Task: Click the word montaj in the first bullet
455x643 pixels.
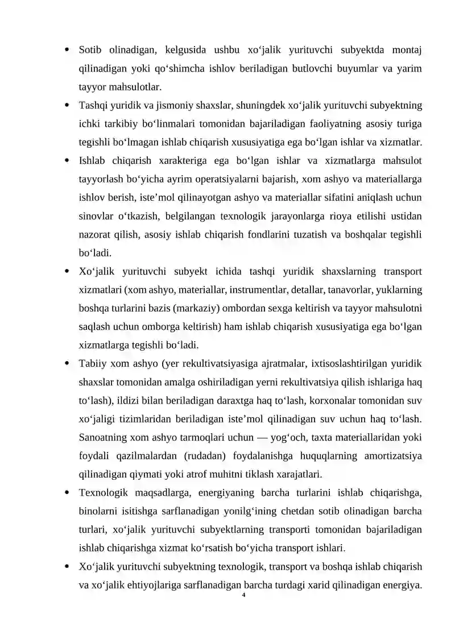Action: [407, 50]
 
